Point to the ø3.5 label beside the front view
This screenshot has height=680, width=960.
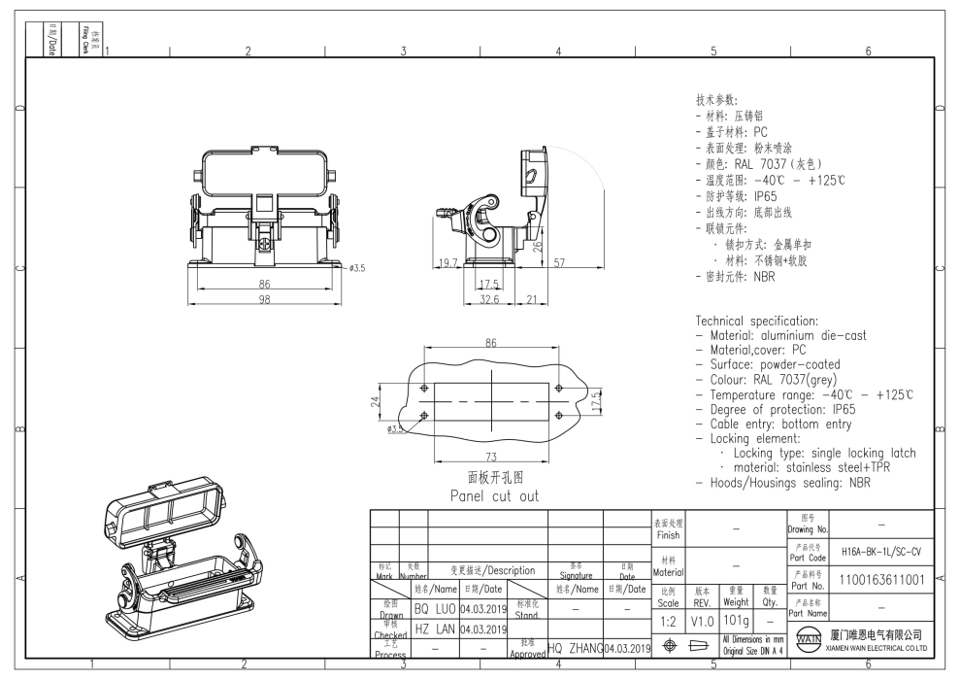click(x=357, y=266)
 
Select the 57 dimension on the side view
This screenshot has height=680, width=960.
click(x=561, y=262)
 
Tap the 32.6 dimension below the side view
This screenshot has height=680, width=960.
click(x=489, y=300)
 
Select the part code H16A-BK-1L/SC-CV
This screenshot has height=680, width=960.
click(x=875, y=549)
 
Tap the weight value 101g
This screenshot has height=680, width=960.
click(x=736, y=619)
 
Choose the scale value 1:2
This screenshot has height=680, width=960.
click(x=669, y=619)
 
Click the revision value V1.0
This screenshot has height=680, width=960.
click(x=703, y=619)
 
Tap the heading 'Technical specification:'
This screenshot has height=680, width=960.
click(x=757, y=321)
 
